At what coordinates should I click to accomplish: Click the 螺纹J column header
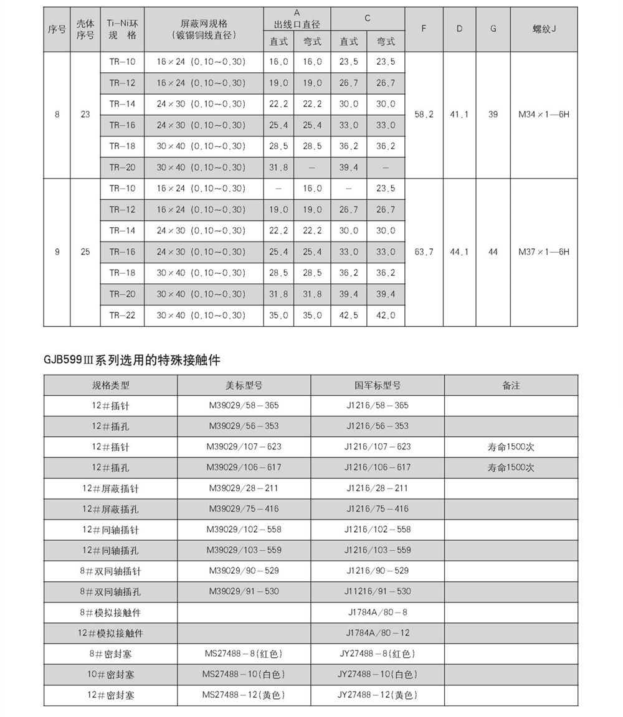pos(544,29)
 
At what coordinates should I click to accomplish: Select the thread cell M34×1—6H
pos(544,115)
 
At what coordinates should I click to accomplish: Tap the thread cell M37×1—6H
pos(544,252)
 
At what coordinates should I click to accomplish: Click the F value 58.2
pos(424,115)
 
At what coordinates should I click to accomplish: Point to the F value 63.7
pos(424,252)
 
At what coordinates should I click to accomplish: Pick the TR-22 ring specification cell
pos(122,316)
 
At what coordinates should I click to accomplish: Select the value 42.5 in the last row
pos(349,316)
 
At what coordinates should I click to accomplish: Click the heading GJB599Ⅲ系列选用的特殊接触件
pos(131,360)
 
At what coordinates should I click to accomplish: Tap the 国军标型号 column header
pos(378,385)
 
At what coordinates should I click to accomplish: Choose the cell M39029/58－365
pos(244,405)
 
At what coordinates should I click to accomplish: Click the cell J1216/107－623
pos(378,446)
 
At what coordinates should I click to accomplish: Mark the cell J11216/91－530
pos(378,591)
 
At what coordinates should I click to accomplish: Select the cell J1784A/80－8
pos(378,612)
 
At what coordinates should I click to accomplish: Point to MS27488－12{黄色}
pos(244,695)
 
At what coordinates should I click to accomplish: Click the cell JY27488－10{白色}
pos(378,674)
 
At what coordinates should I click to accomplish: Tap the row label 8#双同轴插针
pos(110,571)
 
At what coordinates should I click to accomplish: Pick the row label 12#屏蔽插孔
pos(110,509)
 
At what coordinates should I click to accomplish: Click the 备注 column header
pos(511,385)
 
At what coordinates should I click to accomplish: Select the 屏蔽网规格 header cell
pos(204,29)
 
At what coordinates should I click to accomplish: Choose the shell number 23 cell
pos(85,115)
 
